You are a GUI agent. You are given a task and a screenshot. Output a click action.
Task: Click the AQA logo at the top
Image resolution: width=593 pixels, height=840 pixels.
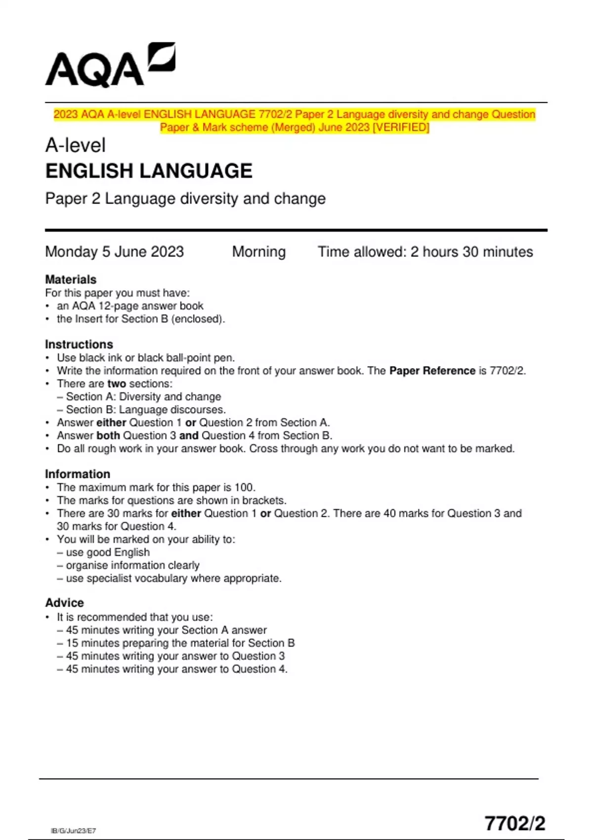[110, 65]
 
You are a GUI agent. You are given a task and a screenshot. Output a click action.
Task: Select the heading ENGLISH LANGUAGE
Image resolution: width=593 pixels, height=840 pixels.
[149, 171]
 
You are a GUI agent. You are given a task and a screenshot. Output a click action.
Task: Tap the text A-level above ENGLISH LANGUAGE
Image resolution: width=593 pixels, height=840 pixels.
[75, 145]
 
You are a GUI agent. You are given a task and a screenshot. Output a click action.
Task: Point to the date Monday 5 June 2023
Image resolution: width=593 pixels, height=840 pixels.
[114, 252]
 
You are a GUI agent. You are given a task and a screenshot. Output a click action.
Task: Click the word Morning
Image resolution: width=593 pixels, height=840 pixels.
[259, 252]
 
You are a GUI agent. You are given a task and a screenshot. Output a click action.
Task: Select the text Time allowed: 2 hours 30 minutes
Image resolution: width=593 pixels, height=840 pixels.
[425, 252]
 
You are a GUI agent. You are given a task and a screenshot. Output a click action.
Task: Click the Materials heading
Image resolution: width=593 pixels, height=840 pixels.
[71, 279]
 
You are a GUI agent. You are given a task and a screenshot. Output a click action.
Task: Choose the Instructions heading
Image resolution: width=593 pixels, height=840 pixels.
[79, 344]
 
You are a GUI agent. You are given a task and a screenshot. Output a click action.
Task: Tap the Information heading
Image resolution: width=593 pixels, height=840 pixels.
[78, 474]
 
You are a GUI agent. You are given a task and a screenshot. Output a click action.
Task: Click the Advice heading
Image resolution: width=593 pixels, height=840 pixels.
[64, 603]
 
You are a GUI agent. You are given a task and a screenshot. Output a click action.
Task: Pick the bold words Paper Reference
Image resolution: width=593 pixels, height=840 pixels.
[432, 371]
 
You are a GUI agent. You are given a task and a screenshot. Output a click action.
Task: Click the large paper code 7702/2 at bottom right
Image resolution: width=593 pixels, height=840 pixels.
[514, 823]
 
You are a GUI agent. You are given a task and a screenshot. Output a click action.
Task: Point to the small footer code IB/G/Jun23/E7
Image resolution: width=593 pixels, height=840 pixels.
[73, 831]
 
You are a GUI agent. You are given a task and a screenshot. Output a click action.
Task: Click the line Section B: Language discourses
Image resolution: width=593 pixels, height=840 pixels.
[146, 410]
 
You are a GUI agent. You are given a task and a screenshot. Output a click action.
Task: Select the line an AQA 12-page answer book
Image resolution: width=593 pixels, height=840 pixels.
[130, 306]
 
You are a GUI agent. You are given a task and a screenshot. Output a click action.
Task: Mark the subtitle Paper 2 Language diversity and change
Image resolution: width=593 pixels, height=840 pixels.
[185, 199]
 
